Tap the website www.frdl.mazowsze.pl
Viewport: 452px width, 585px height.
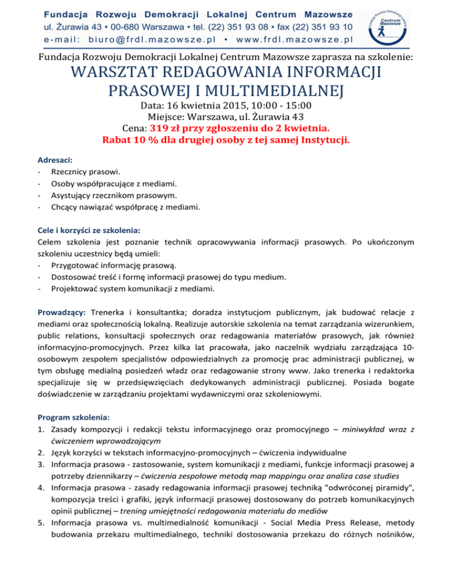pyautogui.click(x=294, y=39)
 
